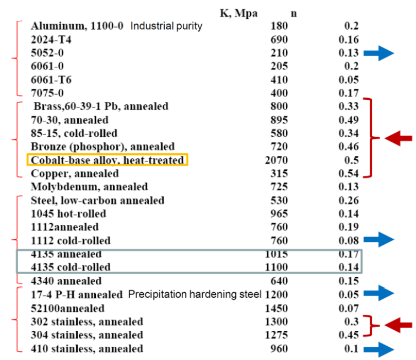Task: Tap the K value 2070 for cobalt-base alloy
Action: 275,160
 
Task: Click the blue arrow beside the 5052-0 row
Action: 380,53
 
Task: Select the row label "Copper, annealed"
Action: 75,174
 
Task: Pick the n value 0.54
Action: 350,174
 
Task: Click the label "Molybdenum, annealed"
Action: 89,187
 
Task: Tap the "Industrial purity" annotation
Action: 166,26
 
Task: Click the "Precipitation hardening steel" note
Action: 195,294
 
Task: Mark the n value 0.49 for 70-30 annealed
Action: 350,120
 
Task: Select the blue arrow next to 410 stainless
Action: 380,348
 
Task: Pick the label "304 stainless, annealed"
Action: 87,335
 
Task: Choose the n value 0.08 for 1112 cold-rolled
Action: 349,240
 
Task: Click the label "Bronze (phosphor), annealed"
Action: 103,147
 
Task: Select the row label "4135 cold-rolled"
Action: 71,267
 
